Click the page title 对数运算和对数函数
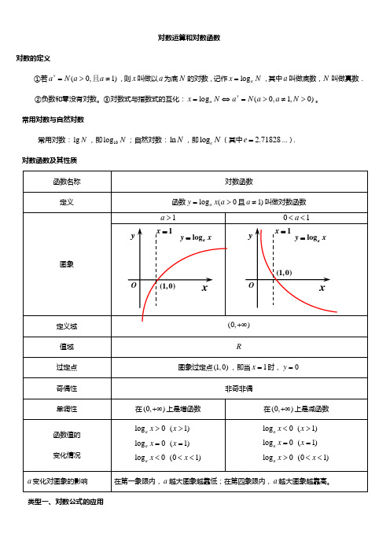tap(194, 37)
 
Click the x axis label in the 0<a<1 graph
tap(322, 288)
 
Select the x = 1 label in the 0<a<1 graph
tap(282, 231)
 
